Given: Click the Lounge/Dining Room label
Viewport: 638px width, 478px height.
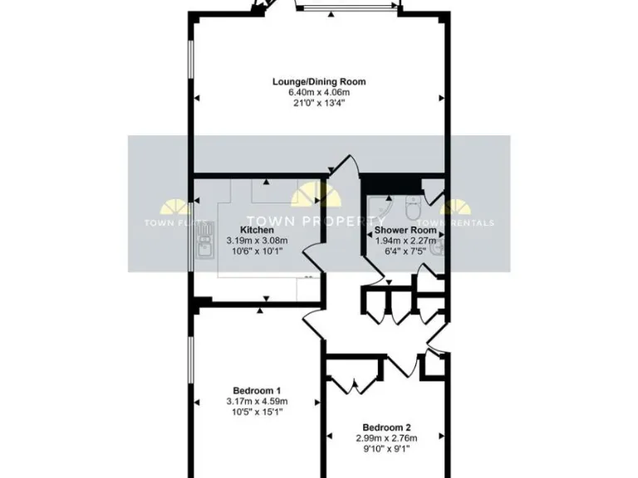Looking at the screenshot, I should point(319,82).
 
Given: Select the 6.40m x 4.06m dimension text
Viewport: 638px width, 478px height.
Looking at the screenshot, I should point(319,93).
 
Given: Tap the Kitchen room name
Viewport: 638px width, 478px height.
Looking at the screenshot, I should point(257,230).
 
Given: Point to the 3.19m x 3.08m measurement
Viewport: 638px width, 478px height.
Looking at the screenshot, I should point(257,241).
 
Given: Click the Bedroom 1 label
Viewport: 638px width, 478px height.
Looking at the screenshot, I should point(257,391).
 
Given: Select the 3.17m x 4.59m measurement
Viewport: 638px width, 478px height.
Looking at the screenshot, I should point(257,402).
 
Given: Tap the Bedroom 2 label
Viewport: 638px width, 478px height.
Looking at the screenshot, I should point(386,427).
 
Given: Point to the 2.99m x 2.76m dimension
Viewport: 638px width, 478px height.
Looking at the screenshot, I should point(386,438).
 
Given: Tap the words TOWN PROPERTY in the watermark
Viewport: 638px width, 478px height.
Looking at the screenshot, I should point(319,222).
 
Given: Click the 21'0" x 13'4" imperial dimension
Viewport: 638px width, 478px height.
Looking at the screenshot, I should point(319,104).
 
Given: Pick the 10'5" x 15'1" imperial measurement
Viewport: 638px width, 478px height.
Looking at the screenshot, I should point(257,412).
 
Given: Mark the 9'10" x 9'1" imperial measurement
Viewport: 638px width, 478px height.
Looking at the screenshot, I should point(386,449).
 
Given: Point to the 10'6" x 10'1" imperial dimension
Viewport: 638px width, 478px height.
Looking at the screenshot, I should point(257,251).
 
